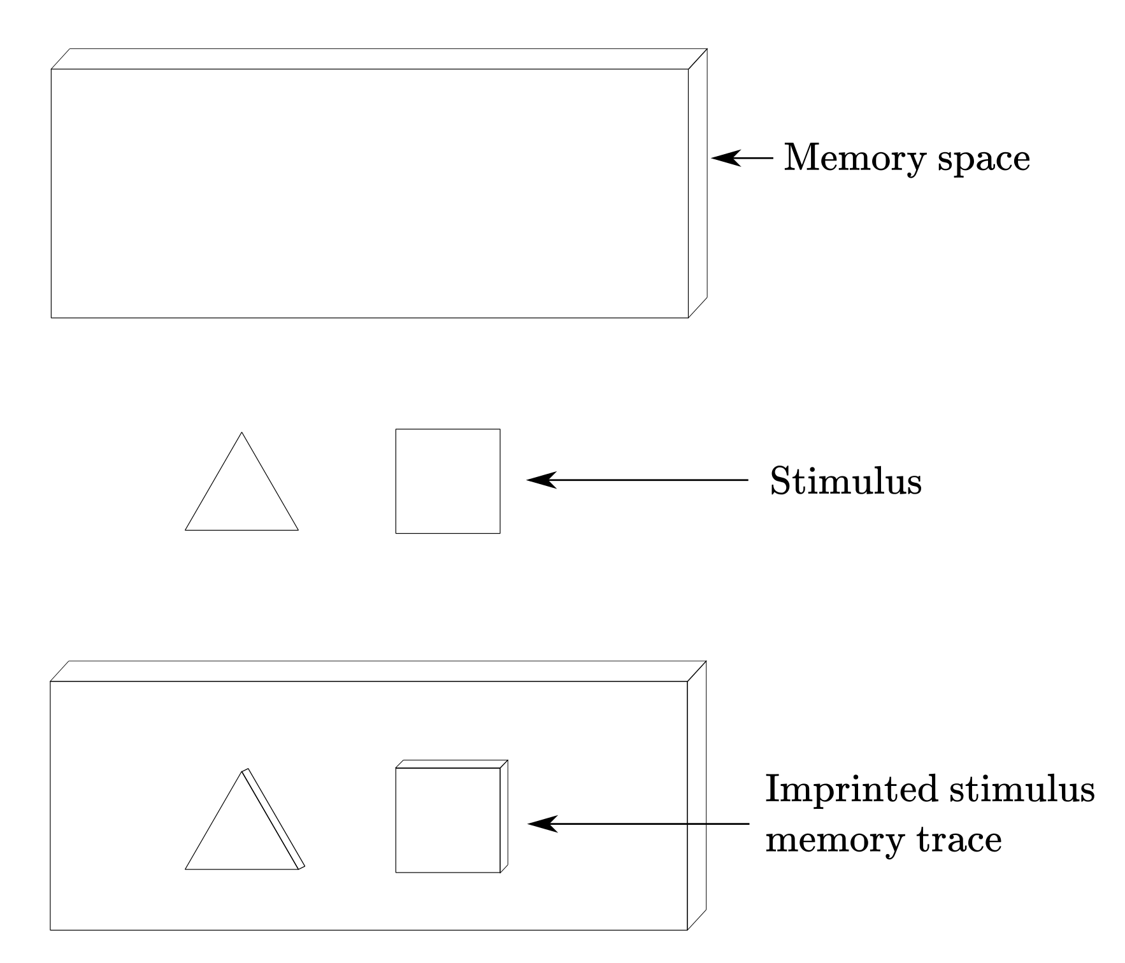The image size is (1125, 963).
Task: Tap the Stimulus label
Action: (846, 480)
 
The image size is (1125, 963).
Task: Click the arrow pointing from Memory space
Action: (742, 157)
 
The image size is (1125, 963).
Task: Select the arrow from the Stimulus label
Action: (637, 480)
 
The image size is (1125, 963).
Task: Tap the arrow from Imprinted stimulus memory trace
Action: (638, 824)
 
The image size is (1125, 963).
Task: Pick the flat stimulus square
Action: (448, 481)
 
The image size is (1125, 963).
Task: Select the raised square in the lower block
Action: (452, 816)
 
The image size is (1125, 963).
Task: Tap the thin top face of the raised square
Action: (452, 764)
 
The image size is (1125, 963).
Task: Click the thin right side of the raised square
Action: (504, 816)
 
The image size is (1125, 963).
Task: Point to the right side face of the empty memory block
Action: (698, 183)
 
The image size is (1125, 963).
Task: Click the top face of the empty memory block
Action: (379, 59)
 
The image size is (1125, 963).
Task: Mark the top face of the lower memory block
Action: (378, 671)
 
